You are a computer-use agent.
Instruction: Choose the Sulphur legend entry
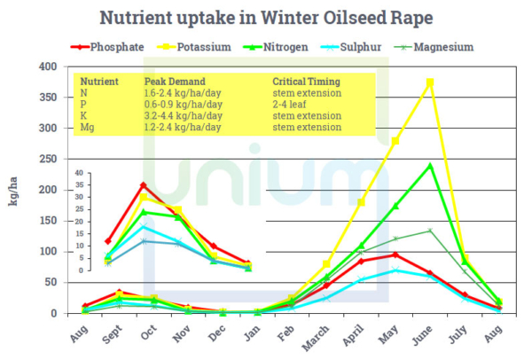click(372, 47)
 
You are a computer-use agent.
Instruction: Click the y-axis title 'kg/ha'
click(15, 190)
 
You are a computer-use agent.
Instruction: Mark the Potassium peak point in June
click(431, 82)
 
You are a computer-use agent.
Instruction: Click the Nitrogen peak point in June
click(431, 165)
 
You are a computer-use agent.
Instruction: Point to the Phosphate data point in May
click(395, 254)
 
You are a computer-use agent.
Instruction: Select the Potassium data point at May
click(395, 141)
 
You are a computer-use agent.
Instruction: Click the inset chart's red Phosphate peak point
click(144, 185)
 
